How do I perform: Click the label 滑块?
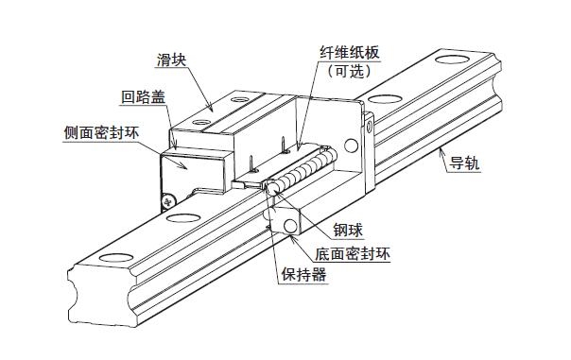[169, 60]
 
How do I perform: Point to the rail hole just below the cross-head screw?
[177, 220]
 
